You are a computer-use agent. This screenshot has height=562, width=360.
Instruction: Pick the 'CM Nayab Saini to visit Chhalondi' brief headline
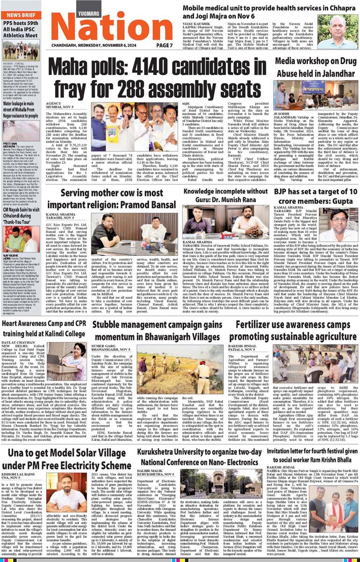coord(20,220)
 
